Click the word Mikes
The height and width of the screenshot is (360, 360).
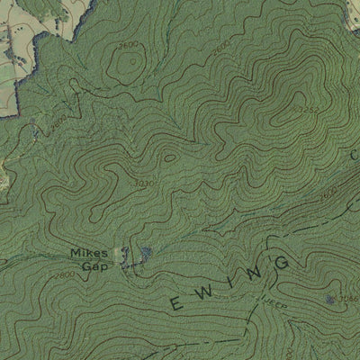coord(88,253)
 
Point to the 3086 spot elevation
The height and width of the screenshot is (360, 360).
coord(350,297)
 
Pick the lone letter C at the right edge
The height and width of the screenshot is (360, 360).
coord(354,156)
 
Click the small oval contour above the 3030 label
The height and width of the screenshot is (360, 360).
coord(169,157)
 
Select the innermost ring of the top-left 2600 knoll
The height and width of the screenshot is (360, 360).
coord(130,64)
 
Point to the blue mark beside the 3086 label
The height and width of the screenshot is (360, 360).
coord(332,298)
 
